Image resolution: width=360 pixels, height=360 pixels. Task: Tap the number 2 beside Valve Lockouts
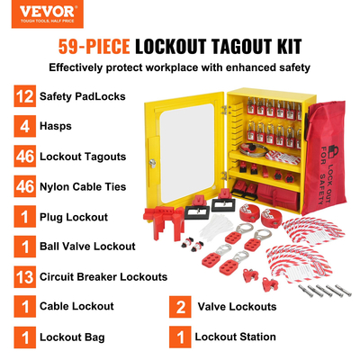pyautogui.click(x=183, y=306)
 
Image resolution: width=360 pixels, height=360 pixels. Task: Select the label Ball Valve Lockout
pyautogui.click(x=88, y=246)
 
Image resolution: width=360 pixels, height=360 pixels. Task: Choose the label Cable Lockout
pyautogui.click(x=76, y=306)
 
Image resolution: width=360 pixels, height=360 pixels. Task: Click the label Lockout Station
pyautogui.click(x=237, y=337)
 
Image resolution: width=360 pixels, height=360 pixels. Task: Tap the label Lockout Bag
pyautogui.click(x=72, y=337)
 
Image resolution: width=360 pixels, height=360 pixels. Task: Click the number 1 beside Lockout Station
pyautogui.click(x=183, y=337)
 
